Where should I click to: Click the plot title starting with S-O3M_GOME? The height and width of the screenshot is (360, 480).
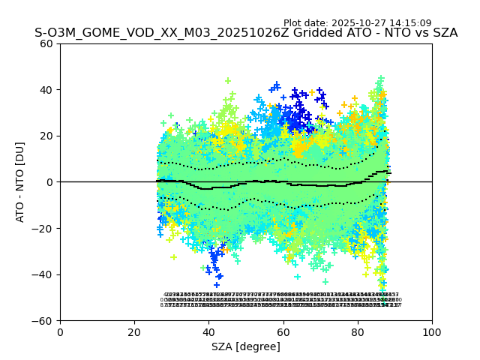(x=245, y=33)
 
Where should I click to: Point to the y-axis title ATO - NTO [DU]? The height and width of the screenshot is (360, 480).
(x=21, y=181)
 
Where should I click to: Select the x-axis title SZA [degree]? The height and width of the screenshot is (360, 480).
(x=246, y=346)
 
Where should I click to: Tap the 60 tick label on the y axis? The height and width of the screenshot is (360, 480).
(x=46, y=43)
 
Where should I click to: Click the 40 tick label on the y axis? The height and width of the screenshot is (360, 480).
(x=46, y=90)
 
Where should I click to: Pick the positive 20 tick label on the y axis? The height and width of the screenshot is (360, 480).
(x=46, y=136)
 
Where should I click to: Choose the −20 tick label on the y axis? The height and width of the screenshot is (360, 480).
(x=43, y=228)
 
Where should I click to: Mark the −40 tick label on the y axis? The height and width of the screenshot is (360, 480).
(x=43, y=274)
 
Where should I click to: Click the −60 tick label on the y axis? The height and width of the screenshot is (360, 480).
(x=43, y=321)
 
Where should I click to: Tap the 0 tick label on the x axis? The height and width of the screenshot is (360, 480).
(x=60, y=332)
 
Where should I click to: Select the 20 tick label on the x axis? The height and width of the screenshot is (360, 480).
(x=134, y=332)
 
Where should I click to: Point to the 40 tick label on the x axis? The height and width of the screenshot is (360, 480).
(x=208, y=332)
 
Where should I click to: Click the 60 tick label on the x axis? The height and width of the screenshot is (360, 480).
(x=283, y=332)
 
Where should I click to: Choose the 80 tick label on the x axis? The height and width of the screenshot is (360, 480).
(x=358, y=332)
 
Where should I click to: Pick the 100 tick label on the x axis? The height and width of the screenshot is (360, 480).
(x=432, y=332)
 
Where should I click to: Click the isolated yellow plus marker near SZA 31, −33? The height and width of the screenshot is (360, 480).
(x=173, y=257)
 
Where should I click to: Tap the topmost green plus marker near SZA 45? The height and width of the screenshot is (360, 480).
(x=228, y=81)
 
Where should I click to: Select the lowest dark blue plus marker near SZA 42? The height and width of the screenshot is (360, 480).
(x=217, y=285)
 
